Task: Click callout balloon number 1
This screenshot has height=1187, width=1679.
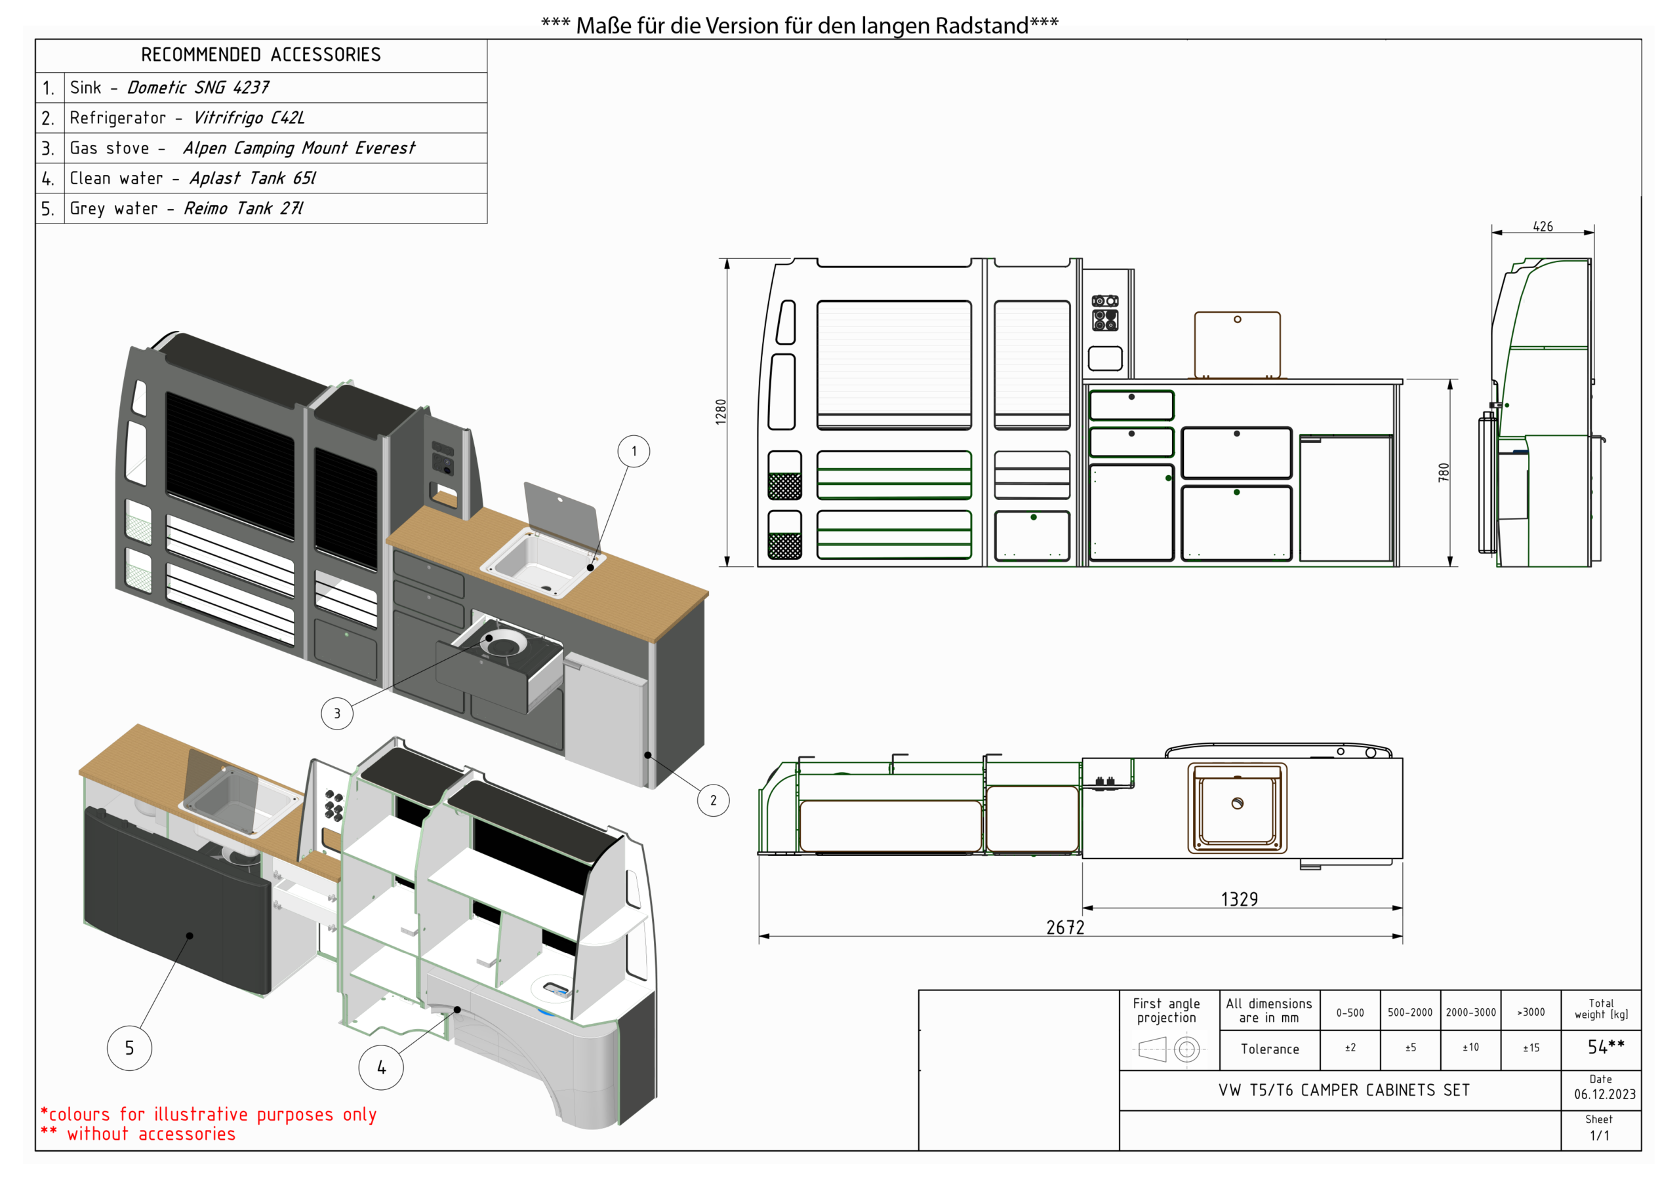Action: (634, 451)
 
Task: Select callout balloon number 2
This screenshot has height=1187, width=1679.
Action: (713, 800)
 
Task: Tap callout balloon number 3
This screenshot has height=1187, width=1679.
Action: (337, 713)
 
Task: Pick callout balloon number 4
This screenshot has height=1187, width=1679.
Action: (381, 1067)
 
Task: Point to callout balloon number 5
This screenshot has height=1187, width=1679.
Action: (129, 1047)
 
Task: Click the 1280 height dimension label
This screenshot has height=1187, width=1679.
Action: (721, 412)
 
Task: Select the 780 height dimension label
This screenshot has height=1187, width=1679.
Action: (1443, 472)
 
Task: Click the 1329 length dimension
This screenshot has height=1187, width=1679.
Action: (1239, 899)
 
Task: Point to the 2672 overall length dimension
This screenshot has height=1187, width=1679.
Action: (1064, 927)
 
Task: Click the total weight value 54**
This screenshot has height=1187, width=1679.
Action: (1605, 1047)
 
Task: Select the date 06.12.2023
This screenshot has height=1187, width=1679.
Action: (1604, 1094)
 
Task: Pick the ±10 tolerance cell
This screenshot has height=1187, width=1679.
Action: (1470, 1047)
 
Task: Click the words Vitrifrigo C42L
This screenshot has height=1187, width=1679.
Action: (249, 118)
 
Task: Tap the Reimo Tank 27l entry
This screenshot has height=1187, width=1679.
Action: (243, 208)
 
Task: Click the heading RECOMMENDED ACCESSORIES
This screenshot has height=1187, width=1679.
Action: (261, 55)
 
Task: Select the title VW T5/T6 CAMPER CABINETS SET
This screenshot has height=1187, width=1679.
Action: (1343, 1090)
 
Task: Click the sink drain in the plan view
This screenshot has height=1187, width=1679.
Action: (1238, 804)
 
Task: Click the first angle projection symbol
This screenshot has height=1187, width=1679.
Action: (1169, 1049)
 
